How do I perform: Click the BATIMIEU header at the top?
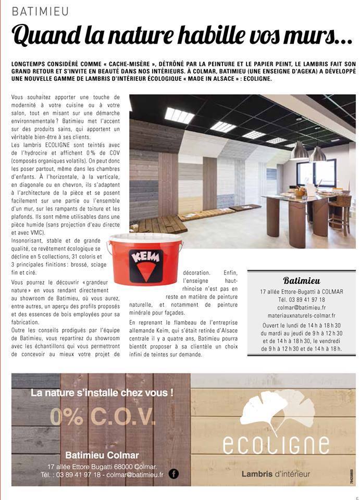[40, 11]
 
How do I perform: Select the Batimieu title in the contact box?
[301, 281]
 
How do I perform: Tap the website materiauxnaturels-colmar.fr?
[301, 315]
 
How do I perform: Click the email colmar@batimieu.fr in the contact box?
[301, 307]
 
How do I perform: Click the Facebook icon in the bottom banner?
[173, 473]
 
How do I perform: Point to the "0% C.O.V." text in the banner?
[103, 416]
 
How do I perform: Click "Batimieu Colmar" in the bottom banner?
[102, 455]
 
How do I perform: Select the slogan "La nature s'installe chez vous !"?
[102, 393]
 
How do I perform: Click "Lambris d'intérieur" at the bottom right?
[276, 473]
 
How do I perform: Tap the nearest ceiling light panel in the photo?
[179, 115]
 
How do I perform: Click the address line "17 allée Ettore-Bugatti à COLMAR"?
[301, 292]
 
